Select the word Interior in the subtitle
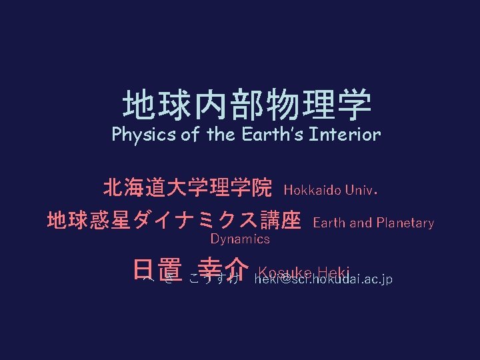(346, 135)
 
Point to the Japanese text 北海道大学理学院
(187, 189)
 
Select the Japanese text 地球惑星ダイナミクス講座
(173, 220)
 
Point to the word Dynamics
(240, 239)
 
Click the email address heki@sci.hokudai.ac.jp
(324, 279)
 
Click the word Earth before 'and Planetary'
(329, 223)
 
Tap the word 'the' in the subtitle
(221, 135)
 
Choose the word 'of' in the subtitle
(190, 135)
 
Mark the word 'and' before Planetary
(361, 223)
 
